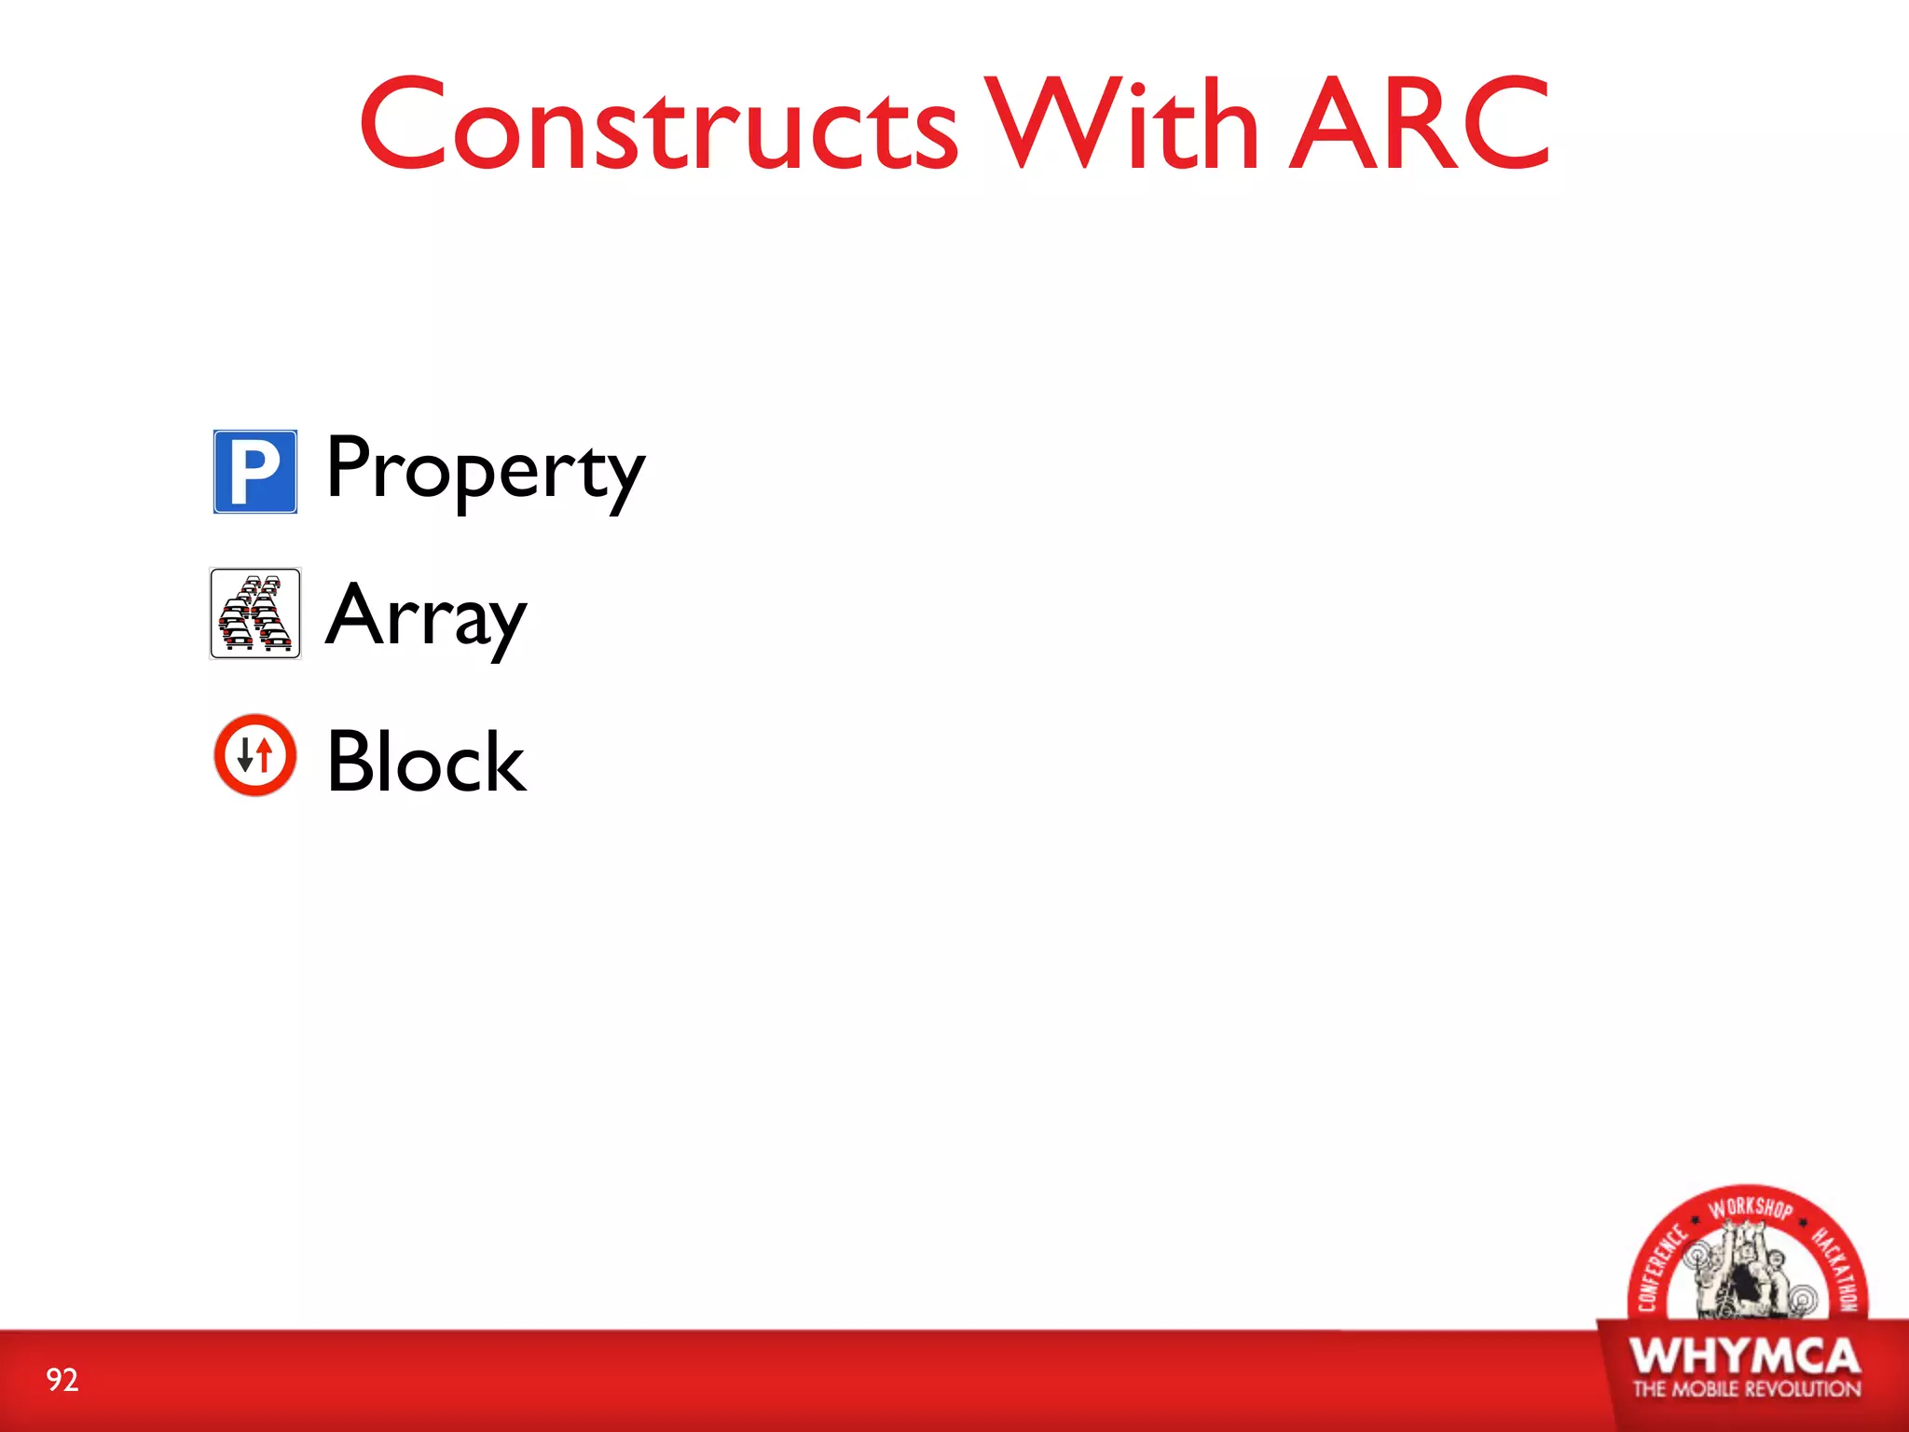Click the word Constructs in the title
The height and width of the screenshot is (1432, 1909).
[x=658, y=126]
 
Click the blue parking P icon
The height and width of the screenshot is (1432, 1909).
[x=255, y=472]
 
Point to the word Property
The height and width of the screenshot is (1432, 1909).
[x=485, y=470]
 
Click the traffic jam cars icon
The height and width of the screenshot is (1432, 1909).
[x=255, y=613]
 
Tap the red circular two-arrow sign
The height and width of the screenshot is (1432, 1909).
[x=255, y=755]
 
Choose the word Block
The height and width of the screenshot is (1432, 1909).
[x=427, y=763]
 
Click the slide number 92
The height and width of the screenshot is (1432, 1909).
[x=62, y=1380]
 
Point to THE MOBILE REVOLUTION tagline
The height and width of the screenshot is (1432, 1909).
[x=1746, y=1389]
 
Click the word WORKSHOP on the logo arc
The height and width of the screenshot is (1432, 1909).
[x=1750, y=1208]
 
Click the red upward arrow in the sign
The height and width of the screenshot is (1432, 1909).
[x=265, y=754]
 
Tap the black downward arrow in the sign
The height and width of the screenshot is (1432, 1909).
[x=245, y=756]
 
